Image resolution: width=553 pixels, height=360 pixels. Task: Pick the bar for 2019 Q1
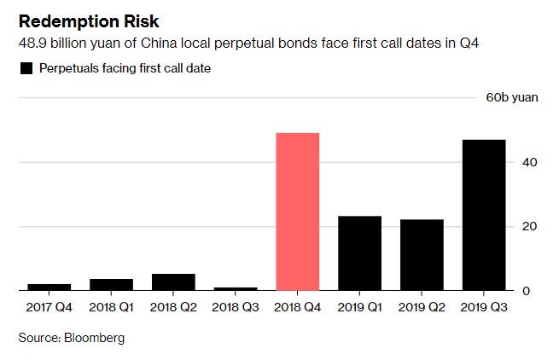click(x=360, y=253)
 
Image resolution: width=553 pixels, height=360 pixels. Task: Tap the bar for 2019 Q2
click(x=422, y=255)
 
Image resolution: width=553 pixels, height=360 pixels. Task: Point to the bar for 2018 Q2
click(x=173, y=282)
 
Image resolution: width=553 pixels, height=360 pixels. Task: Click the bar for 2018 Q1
click(x=112, y=285)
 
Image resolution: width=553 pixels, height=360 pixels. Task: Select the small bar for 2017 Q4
click(x=49, y=287)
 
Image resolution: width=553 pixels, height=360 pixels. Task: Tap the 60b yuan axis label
click(x=512, y=97)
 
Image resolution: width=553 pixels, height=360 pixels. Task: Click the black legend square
click(x=26, y=68)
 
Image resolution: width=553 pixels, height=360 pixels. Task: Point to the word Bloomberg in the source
click(x=93, y=338)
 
